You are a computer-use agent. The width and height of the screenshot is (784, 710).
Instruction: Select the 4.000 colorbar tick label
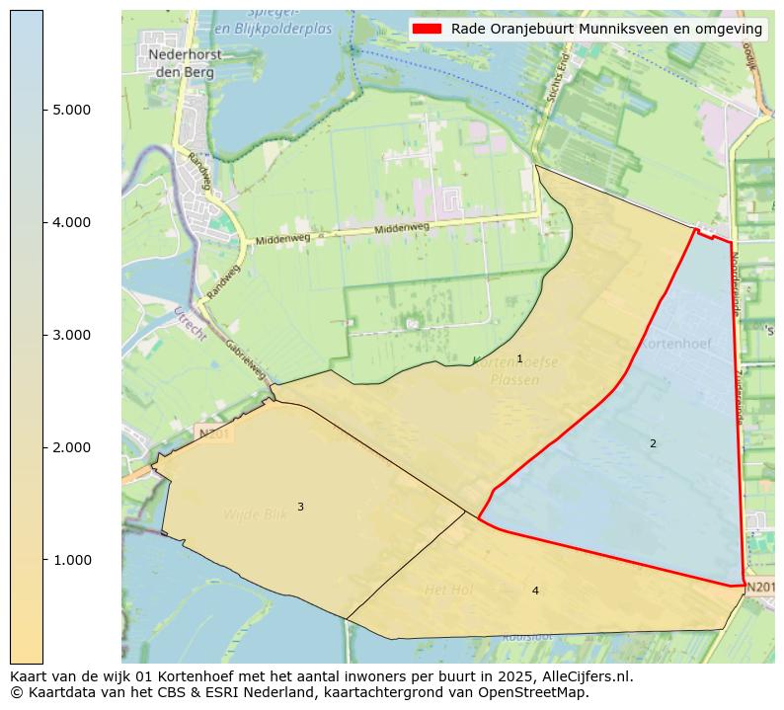(71, 222)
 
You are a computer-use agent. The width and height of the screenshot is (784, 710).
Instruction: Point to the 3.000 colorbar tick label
(71, 335)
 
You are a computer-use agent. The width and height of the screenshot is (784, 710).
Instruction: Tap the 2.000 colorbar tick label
(71, 447)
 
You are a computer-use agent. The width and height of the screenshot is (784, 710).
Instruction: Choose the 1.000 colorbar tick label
(71, 560)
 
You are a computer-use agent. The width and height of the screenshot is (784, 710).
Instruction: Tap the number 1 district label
(519, 358)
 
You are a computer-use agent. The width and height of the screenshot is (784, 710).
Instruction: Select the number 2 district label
(653, 443)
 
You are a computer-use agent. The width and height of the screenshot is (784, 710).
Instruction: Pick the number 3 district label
(300, 507)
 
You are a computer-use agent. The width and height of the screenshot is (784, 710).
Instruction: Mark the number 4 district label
(535, 591)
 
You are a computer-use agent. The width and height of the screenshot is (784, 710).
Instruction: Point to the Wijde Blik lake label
(255, 514)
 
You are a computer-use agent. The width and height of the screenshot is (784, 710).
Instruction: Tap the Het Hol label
(448, 590)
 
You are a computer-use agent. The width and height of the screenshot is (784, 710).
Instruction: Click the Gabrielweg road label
(246, 360)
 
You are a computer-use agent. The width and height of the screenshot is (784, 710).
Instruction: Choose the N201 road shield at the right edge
(759, 588)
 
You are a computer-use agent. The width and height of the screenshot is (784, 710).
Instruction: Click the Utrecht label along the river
(189, 324)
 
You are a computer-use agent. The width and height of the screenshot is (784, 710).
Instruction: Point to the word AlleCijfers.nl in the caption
(581, 676)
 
